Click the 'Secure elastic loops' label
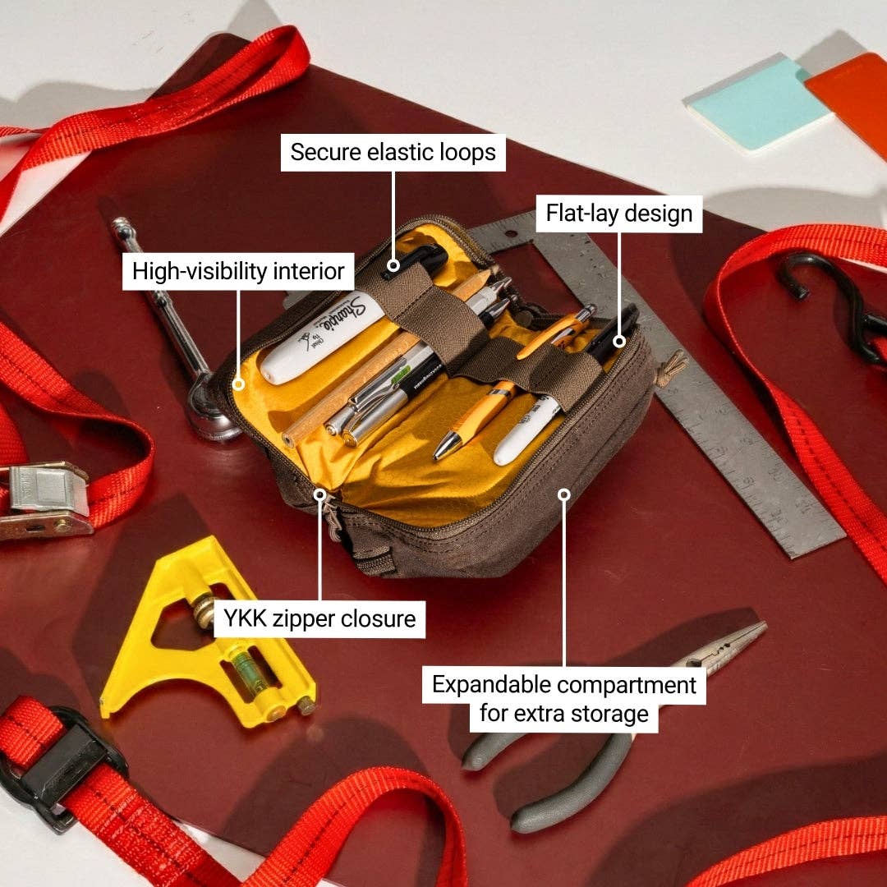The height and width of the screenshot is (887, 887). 393,153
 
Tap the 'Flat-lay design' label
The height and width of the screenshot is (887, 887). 619,214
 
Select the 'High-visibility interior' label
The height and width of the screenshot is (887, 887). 238,271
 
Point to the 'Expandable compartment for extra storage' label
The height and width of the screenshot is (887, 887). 564,698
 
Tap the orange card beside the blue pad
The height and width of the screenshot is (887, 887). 850,90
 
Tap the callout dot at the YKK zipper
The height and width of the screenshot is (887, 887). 320,494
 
